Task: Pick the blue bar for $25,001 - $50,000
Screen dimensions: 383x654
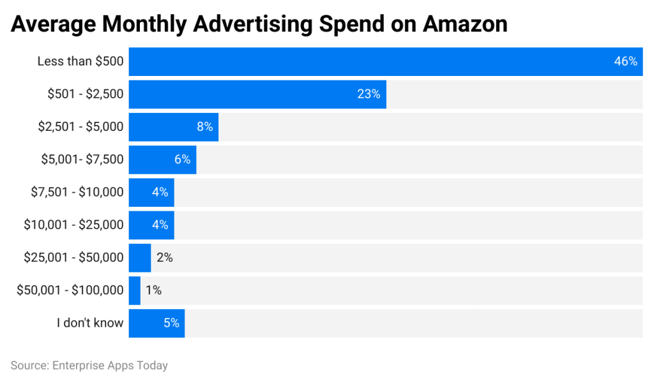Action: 140,257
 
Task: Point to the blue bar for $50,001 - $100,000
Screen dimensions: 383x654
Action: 135,290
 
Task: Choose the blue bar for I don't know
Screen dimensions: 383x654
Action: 156,323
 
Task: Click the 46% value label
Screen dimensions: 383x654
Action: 625,61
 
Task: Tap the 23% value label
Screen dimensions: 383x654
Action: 369,94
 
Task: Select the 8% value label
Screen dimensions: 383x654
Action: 204,126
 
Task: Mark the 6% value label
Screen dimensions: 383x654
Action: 182,160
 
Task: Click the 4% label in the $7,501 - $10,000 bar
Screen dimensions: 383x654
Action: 160,192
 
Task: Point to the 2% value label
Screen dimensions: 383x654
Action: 165,257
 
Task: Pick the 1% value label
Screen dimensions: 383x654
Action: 153,290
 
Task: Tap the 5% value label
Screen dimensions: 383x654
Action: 171,323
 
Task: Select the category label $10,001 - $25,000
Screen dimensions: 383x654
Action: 73,225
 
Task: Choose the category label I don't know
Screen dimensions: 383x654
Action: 89,323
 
